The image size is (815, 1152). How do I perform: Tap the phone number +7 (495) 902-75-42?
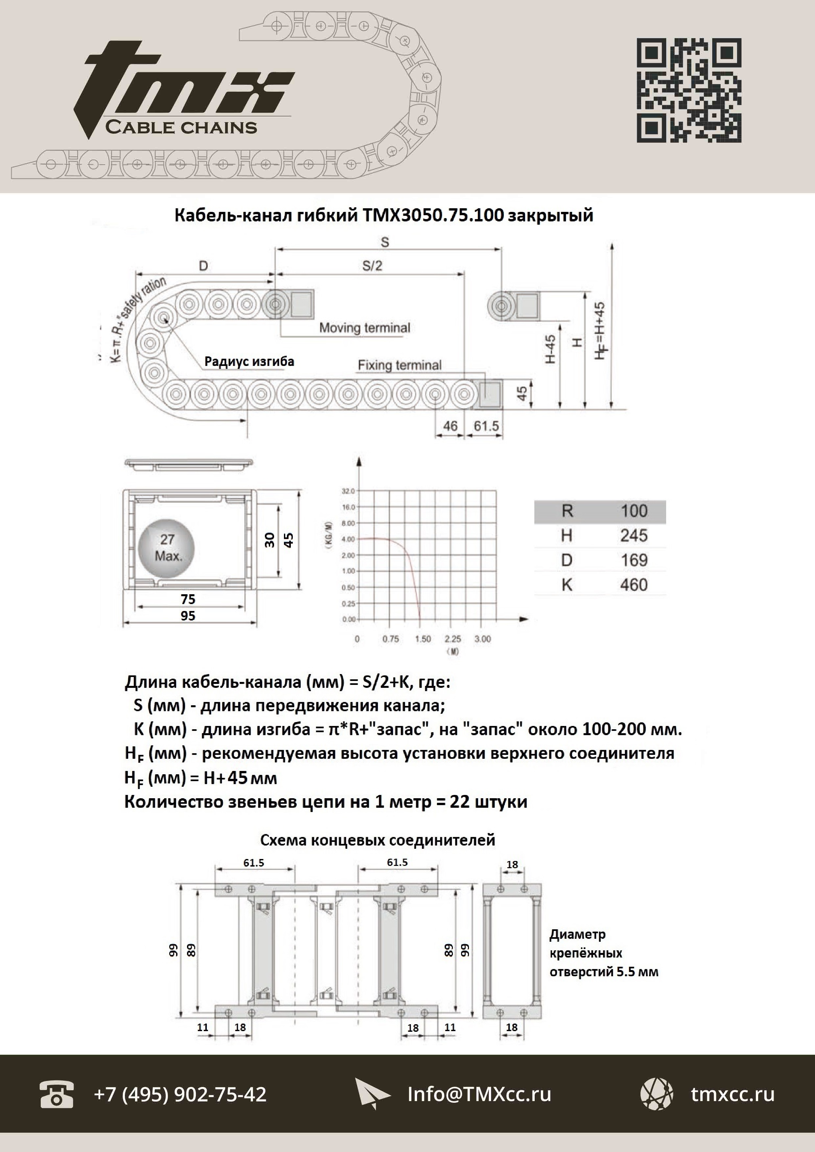pos(180,1094)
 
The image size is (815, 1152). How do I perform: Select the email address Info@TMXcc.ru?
pos(479,1094)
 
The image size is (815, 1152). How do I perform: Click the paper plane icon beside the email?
pos(371,1094)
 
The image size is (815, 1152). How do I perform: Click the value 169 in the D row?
pos(634,560)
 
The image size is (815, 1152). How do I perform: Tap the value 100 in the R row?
pos(634,511)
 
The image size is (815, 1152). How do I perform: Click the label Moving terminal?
pos(364,328)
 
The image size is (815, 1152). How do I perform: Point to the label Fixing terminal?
pos(400,365)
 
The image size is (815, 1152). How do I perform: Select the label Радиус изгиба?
pos(249,362)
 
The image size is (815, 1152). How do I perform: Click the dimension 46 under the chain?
pos(450,426)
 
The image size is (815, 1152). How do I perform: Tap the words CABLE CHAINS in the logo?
pos(181,127)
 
